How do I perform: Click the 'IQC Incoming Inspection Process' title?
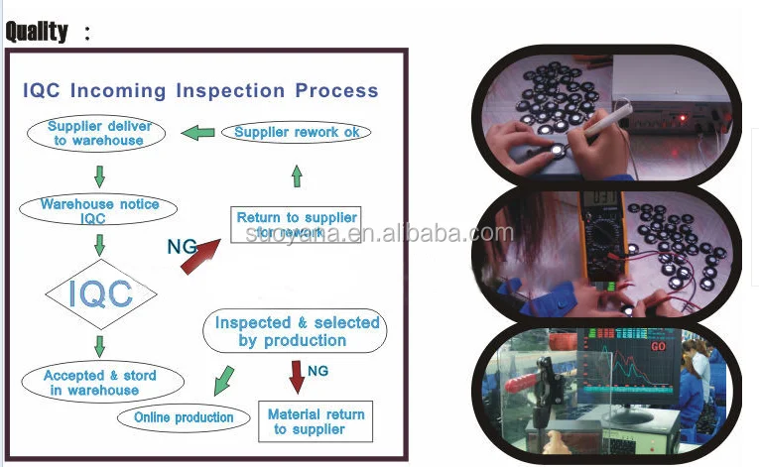[x=200, y=90]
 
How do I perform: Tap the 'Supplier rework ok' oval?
[x=296, y=132]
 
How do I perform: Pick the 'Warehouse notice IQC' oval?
[x=99, y=210]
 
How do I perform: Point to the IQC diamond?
[x=100, y=292]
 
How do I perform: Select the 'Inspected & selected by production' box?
[x=296, y=331]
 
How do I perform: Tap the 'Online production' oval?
[x=184, y=417]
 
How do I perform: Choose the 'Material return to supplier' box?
[x=316, y=421]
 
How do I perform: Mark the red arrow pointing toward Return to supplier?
[x=204, y=257]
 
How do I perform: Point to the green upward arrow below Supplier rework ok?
[x=296, y=176]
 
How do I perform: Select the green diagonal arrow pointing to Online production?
[x=224, y=380]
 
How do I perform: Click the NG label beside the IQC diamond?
[x=181, y=246]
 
